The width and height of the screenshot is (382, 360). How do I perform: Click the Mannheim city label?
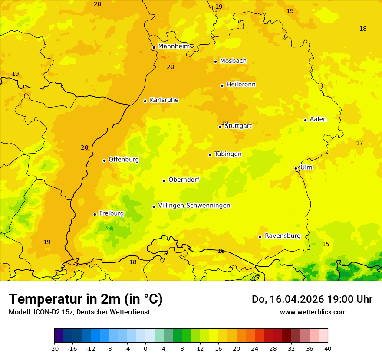[x=174, y=46]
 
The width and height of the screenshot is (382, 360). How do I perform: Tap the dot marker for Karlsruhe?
[x=145, y=101]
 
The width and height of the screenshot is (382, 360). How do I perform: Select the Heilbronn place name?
[x=241, y=85]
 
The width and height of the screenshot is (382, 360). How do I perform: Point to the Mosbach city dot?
[x=215, y=62]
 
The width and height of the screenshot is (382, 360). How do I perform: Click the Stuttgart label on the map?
[x=238, y=126]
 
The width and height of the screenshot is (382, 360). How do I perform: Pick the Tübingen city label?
[x=228, y=154]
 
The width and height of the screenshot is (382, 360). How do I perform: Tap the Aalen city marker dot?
[x=305, y=120]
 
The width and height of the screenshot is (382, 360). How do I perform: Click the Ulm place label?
[x=306, y=167]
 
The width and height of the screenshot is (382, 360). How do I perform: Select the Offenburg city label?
[x=124, y=160]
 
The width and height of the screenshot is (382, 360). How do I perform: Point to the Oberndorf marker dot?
[x=164, y=180]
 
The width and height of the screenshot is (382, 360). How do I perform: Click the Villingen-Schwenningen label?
[x=194, y=206]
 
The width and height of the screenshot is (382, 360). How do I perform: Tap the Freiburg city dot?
[x=95, y=214]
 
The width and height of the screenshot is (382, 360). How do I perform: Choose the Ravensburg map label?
[x=283, y=236]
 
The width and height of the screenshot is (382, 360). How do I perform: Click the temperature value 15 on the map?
[x=326, y=245]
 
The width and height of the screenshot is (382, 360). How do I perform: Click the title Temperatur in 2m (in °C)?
[x=86, y=299]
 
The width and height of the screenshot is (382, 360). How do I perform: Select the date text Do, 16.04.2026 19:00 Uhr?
[x=312, y=299]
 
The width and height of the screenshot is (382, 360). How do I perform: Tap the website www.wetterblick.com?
[x=313, y=312]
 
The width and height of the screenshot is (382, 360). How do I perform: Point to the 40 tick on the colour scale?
[x=328, y=349]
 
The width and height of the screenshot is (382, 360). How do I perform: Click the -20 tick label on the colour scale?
[x=54, y=349]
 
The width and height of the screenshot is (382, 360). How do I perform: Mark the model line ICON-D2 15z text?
[x=79, y=312]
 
